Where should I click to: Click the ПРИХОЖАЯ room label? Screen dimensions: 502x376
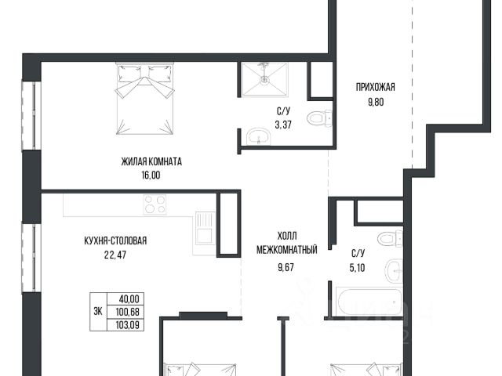375,87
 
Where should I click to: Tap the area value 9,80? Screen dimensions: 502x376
376,103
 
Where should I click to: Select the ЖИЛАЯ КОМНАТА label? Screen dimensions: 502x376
151,162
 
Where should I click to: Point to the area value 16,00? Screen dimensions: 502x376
151,175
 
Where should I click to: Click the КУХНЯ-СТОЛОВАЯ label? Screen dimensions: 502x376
115,240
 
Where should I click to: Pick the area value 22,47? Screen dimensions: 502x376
115,255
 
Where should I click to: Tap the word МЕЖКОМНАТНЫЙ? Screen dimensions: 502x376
287,250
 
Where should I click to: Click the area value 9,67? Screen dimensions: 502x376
286,267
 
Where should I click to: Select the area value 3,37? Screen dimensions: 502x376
283,125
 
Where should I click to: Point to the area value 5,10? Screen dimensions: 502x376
357,268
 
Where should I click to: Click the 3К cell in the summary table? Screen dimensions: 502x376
98,312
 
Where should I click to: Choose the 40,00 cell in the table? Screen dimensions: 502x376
129,299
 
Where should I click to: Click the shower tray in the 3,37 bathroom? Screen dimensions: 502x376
264,79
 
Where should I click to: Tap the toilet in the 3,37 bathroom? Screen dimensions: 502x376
319,118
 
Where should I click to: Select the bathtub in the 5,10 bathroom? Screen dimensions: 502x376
368,302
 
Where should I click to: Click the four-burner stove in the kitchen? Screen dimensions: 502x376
155,204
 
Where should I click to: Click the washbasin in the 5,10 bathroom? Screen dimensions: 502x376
393,272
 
